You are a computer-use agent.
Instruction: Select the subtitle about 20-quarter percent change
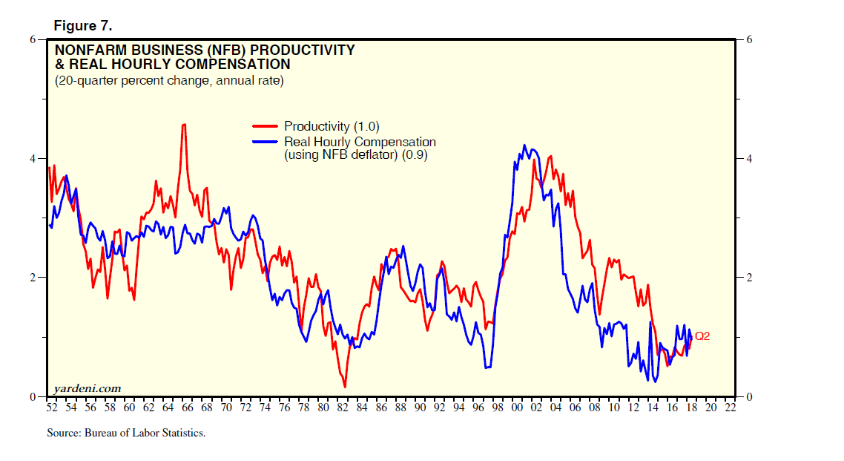(168, 80)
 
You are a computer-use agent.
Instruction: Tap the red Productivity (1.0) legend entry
(332, 126)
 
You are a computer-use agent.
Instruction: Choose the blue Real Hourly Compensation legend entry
(360, 142)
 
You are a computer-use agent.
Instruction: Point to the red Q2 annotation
(702, 336)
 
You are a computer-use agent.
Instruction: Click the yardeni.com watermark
(88, 388)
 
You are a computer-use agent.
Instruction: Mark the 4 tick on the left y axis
(33, 158)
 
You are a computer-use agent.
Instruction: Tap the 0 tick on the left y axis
(33, 396)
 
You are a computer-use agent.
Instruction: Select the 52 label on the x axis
(51, 408)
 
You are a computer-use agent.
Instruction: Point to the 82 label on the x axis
(342, 408)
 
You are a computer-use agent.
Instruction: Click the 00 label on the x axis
(517, 408)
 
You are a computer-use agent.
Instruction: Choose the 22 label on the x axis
(730, 408)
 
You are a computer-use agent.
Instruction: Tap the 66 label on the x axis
(187, 408)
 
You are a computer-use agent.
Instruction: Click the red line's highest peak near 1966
(184, 124)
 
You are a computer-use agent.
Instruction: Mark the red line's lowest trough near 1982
(345, 387)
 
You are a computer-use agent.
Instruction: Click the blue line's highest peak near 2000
(524, 146)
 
